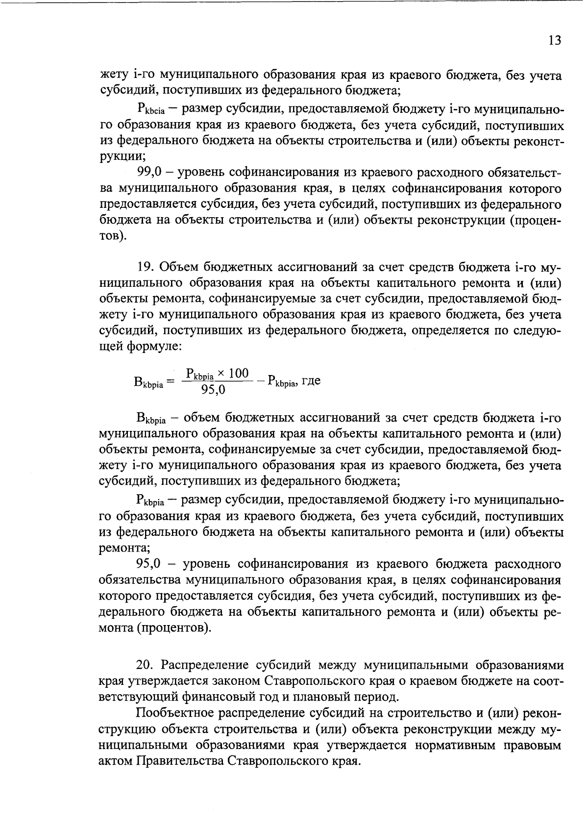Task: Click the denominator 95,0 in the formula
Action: (213, 390)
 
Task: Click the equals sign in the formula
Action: (170, 381)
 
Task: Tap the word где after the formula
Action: (311, 381)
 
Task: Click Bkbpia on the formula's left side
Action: (147, 382)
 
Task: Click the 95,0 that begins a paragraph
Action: (151, 564)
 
